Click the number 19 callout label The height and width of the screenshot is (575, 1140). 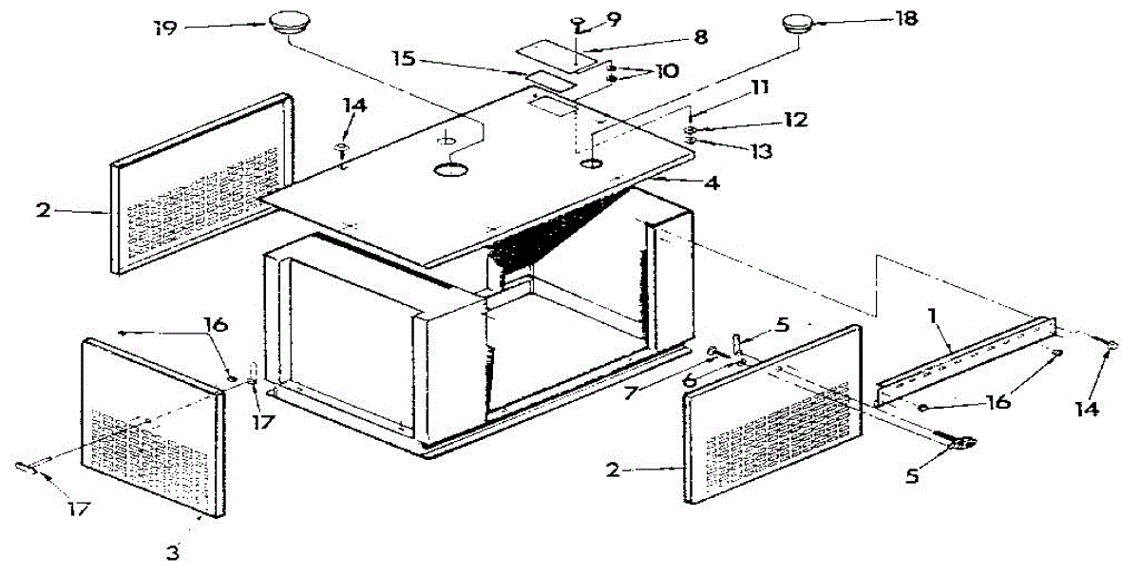(166, 26)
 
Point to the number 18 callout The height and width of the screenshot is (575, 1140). (905, 19)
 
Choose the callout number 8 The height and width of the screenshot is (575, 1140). (700, 38)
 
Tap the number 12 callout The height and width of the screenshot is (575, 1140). (795, 120)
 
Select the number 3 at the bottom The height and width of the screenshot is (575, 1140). (172, 549)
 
